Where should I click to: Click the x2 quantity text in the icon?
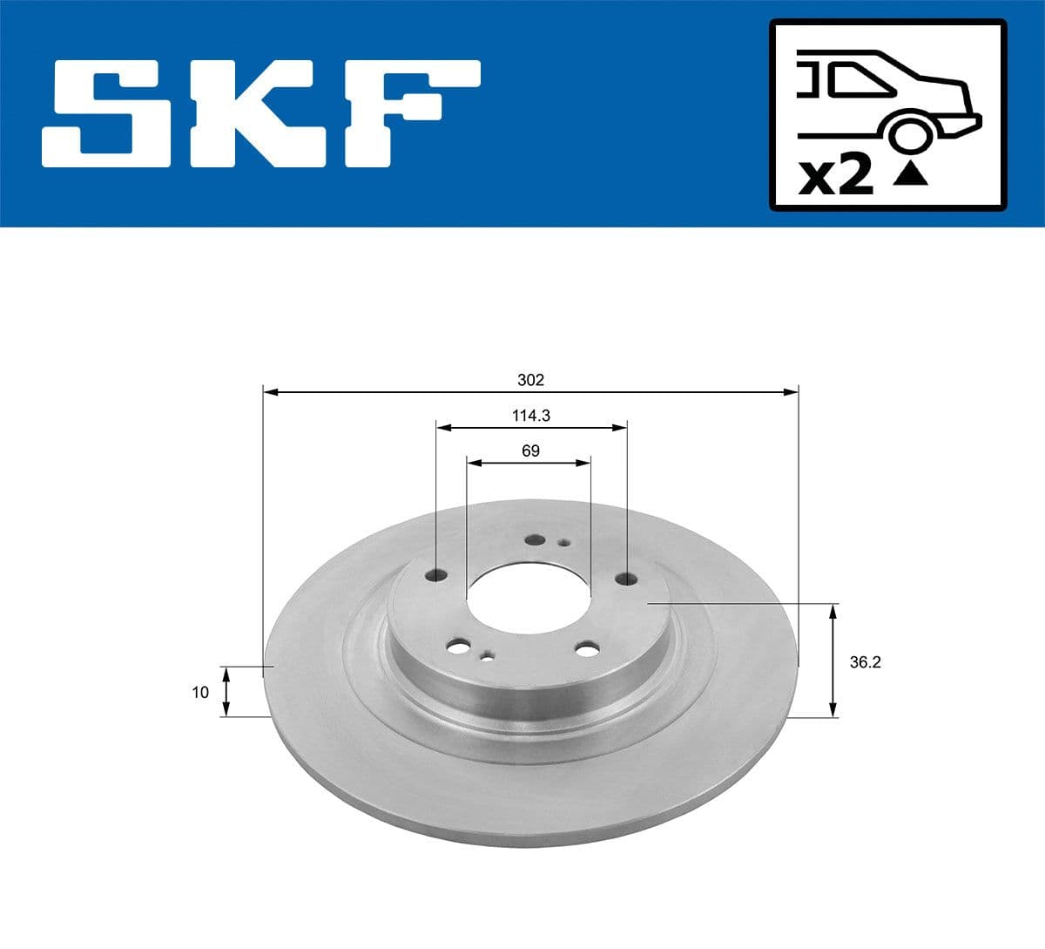[835, 177]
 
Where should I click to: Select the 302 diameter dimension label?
[530, 380]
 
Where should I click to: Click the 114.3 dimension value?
[530, 416]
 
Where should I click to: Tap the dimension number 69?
[530, 451]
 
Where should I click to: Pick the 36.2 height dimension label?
[865, 662]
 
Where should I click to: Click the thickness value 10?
[200, 693]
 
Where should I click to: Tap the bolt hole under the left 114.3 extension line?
[436, 575]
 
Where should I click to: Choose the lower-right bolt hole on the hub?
[588, 649]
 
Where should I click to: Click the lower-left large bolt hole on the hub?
[457, 647]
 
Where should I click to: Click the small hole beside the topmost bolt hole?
[563, 544]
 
